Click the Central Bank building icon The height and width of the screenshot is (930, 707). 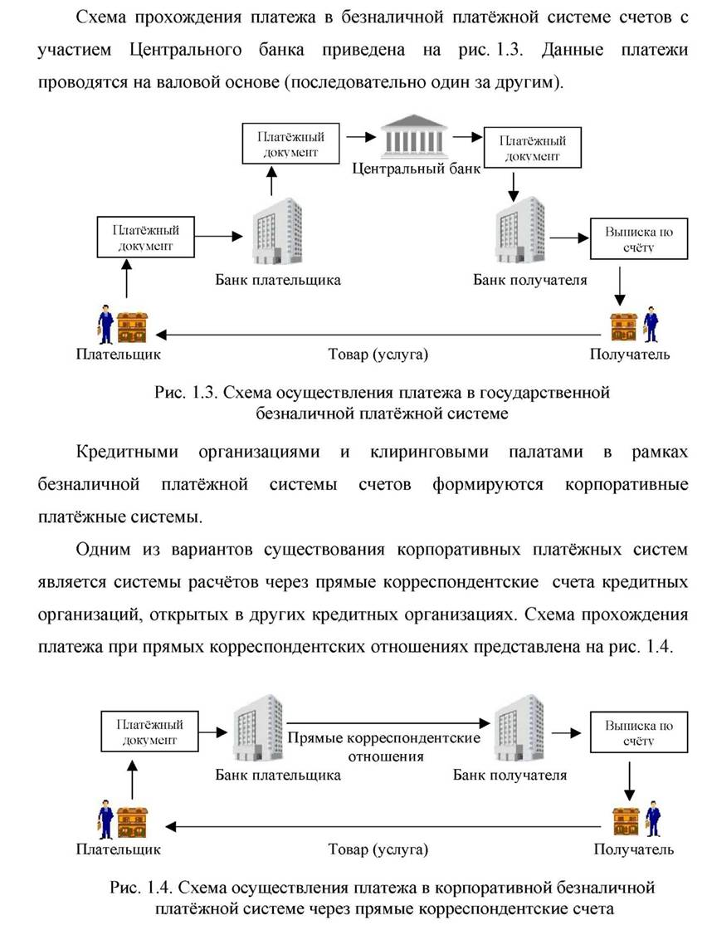(x=413, y=136)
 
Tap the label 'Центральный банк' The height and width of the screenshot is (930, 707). (x=416, y=169)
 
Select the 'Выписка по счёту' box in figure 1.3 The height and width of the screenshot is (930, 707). (x=639, y=239)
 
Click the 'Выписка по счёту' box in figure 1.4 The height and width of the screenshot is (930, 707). (x=639, y=732)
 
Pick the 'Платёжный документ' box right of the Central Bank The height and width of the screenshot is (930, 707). (x=532, y=148)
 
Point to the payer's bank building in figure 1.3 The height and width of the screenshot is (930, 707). (x=277, y=232)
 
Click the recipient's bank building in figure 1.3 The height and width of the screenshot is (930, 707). (x=520, y=232)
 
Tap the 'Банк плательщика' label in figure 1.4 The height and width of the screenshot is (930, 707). (x=278, y=775)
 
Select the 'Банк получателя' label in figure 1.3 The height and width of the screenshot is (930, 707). (x=529, y=280)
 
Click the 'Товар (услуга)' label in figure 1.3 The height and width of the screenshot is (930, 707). (x=378, y=355)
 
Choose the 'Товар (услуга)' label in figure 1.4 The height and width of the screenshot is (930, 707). (x=378, y=849)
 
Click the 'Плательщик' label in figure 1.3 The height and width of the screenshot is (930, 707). (x=119, y=355)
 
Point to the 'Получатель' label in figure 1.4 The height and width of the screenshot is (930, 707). (x=633, y=849)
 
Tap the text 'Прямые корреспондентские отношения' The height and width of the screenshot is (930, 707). (x=384, y=746)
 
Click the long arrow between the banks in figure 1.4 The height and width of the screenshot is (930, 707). (x=388, y=723)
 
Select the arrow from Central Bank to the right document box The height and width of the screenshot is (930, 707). (x=468, y=137)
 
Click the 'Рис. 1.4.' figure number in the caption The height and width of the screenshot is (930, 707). (x=141, y=888)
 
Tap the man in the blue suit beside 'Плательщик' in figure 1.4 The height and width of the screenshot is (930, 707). (x=105, y=819)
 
